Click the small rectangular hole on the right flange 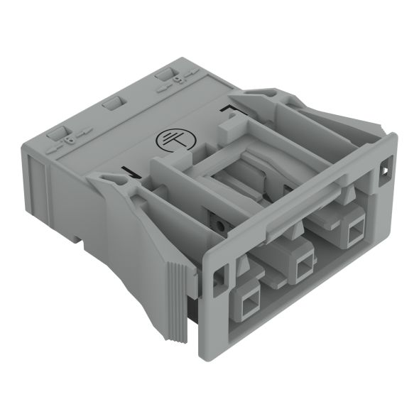coord(386,171)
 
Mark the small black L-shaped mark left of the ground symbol coord(129,172)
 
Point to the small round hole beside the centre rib coord(222,225)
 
